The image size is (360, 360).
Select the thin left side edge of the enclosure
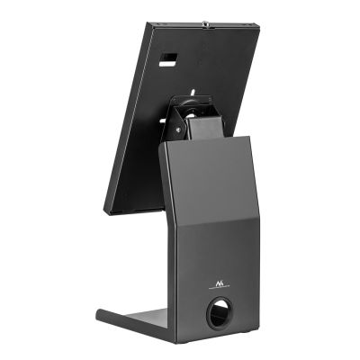tap(124, 117)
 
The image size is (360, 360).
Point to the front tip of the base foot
tap(100, 315)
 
